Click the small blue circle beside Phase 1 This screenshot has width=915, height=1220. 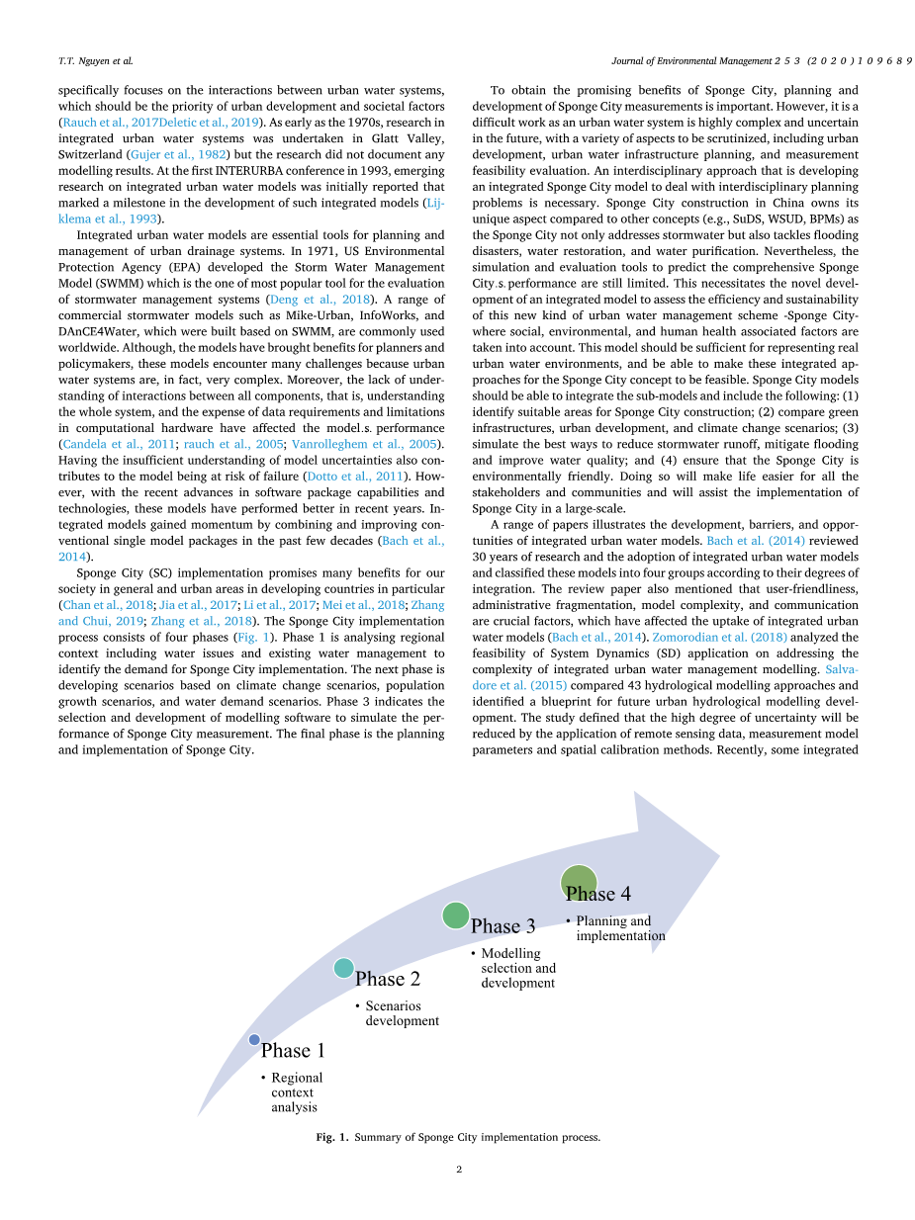click(254, 1039)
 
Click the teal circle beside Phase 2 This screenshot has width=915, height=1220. click(343, 969)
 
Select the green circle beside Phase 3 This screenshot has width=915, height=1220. click(455, 915)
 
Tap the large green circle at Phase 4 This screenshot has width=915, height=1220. click(579, 883)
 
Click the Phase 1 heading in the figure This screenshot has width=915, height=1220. click(293, 1051)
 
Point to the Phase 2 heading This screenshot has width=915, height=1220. click(388, 980)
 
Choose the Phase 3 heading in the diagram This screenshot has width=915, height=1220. click(503, 926)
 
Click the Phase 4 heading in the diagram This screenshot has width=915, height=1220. click(598, 894)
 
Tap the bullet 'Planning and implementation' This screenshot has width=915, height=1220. click(619, 928)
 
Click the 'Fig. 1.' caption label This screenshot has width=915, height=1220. click(331, 1138)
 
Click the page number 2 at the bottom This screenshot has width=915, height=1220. click(459, 1170)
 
